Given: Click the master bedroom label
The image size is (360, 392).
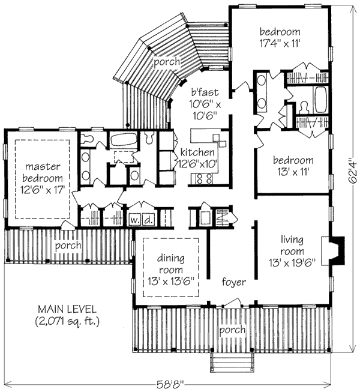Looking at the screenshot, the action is (x=42, y=178).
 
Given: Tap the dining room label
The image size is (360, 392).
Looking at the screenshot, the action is (x=171, y=270).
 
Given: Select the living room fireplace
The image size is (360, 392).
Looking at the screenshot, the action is (x=333, y=250).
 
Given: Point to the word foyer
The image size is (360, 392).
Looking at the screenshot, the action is (x=233, y=282).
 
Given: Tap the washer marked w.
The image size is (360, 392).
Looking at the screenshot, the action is (x=135, y=220).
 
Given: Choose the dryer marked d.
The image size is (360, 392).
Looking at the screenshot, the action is (x=148, y=220).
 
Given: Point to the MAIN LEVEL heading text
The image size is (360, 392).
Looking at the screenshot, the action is (x=67, y=309).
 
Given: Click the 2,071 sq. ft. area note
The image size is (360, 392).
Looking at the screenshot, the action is (x=67, y=321).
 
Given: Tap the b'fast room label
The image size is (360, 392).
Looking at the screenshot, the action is (x=205, y=104).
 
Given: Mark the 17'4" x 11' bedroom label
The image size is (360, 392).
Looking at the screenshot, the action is (x=280, y=38).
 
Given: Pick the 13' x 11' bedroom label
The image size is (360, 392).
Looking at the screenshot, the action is (x=293, y=166).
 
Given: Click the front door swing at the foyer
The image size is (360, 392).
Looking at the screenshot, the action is (x=232, y=301).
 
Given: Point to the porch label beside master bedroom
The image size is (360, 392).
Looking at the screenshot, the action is (x=68, y=246).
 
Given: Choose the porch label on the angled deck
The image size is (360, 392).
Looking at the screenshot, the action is (x=167, y=62).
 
